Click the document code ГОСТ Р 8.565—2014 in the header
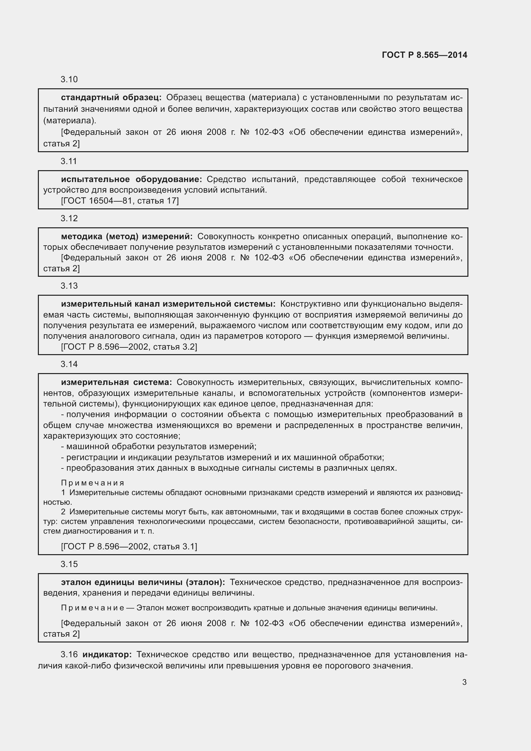[424, 55]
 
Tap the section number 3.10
[69, 80]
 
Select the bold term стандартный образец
[111, 98]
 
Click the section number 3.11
[69, 161]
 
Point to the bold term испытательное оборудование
[131, 179]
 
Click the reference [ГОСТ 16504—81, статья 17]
[120, 201]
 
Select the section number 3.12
[69, 219]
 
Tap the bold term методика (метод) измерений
[127, 237]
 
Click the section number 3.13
[69, 286]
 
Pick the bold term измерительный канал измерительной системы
[168, 304]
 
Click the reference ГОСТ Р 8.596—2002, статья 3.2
[129, 347]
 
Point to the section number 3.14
[69, 364]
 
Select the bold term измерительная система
[117, 382]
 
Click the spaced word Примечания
[92, 483]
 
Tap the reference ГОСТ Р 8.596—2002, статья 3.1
[129, 546]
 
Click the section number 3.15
[69, 564]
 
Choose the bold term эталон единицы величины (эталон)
[143, 582]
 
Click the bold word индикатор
[107, 654]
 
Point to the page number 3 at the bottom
[464, 682]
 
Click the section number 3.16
[69, 654]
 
